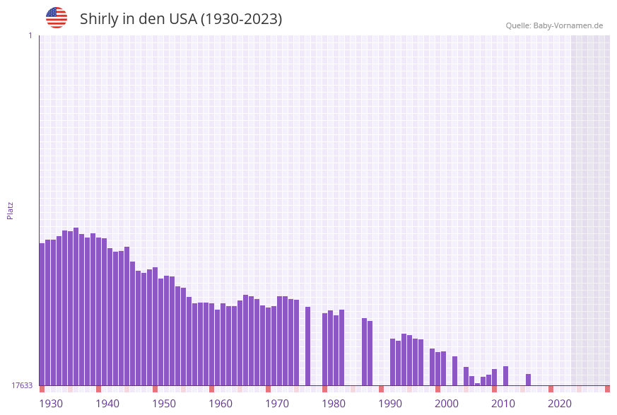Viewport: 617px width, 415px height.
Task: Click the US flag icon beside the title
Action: (57, 18)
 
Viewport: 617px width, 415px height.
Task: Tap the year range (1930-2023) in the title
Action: (241, 19)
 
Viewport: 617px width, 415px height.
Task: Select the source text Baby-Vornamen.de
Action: (569, 25)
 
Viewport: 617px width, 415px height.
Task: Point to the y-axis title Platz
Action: (10, 210)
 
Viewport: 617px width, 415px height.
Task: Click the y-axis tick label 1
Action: (30, 35)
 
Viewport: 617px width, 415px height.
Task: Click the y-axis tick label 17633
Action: (21, 385)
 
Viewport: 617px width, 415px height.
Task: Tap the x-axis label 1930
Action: (50, 404)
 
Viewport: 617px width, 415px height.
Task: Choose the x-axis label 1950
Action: (164, 404)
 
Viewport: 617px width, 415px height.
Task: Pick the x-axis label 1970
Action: (277, 404)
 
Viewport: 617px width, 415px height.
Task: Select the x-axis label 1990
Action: (390, 404)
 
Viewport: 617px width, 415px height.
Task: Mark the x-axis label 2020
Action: (560, 404)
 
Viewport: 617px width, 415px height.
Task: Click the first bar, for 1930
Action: (42, 315)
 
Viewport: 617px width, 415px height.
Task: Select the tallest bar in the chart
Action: (76, 307)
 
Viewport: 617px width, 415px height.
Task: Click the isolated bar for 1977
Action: (307, 346)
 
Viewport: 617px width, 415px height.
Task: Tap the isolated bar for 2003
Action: (454, 371)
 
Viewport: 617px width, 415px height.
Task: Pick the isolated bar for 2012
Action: (505, 376)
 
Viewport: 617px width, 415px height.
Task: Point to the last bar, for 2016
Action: (528, 380)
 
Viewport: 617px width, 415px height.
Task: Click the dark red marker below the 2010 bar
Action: (494, 389)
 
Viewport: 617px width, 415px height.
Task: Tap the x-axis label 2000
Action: (447, 404)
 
